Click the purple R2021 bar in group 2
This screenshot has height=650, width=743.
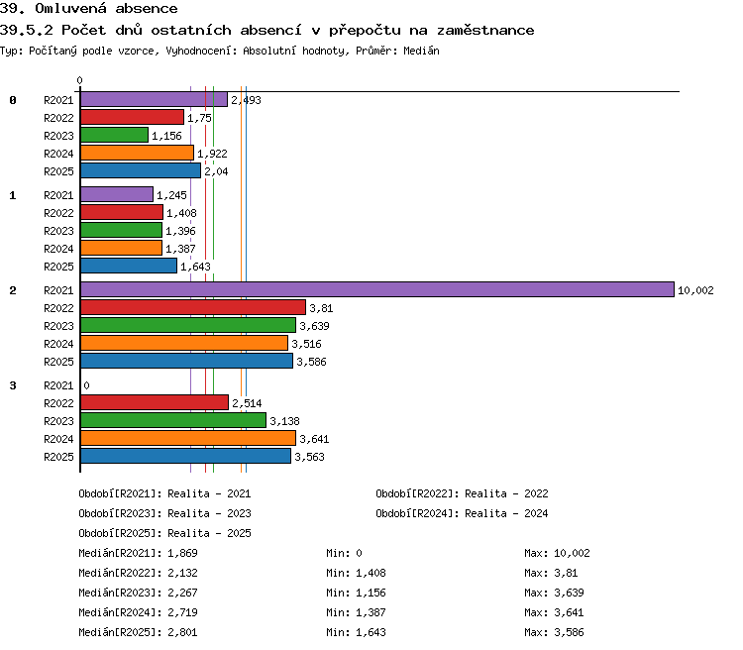tap(377, 289)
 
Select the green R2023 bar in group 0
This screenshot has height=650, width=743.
tap(114, 135)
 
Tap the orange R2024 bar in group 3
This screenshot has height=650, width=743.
tap(188, 439)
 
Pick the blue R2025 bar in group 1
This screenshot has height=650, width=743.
tap(129, 266)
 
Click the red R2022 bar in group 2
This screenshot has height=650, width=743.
tap(193, 308)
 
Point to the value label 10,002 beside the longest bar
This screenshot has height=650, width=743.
tap(695, 290)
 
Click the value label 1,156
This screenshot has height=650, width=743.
tap(166, 136)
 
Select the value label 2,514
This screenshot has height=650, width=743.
tap(247, 403)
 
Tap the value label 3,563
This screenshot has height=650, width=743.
tap(309, 457)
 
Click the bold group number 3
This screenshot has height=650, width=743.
tap(13, 385)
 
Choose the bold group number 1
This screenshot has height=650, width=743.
tap(13, 195)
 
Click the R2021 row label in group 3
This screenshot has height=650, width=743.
tap(58, 385)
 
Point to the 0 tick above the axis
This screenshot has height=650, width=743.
tap(79, 80)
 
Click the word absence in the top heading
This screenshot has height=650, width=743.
tap(147, 9)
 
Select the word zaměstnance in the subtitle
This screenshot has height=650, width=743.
tap(485, 31)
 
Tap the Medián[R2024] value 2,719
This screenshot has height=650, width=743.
tap(182, 612)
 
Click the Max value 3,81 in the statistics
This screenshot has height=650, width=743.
tap(566, 573)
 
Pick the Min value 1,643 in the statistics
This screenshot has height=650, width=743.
tap(371, 632)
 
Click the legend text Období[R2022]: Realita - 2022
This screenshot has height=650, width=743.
tap(462, 493)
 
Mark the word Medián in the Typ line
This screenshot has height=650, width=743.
tap(421, 51)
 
